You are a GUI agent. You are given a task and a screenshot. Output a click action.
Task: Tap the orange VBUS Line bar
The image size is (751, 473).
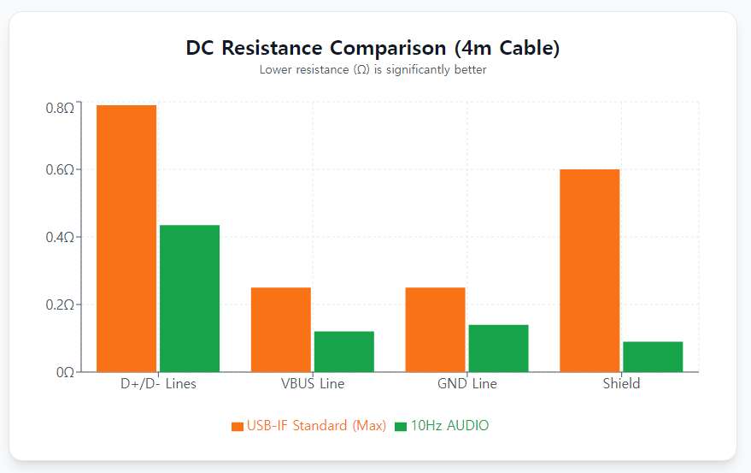coord(281,329)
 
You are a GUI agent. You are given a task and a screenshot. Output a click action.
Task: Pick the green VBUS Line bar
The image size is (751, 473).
coord(344,351)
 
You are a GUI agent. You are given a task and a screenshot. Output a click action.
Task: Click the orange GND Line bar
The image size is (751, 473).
coord(436,329)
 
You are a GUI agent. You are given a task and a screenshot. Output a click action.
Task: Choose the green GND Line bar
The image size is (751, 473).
coord(499,348)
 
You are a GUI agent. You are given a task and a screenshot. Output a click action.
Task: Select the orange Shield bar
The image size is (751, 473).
coord(590,270)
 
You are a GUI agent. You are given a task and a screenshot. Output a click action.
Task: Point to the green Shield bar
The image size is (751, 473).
coord(653,357)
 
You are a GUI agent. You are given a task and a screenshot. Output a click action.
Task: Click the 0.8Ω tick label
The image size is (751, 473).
coord(60,108)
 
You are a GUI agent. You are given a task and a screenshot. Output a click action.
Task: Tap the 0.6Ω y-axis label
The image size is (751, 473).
coord(60,169)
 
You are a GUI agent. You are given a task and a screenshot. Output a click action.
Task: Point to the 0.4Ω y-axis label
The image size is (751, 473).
coord(60,237)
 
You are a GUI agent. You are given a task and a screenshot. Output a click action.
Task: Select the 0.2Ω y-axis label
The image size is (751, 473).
coord(60,304)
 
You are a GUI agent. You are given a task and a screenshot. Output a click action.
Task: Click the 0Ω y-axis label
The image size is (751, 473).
coord(65,372)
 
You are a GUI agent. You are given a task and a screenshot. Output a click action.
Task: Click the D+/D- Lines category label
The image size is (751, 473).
coord(158,384)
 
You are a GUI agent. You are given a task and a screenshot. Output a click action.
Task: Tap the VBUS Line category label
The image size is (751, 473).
coord(313,384)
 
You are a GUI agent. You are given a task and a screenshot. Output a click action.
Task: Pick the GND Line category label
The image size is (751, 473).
coord(467,384)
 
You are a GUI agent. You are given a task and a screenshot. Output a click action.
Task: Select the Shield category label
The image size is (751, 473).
coord(621,384)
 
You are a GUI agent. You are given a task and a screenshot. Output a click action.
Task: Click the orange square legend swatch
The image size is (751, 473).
coord(238,426)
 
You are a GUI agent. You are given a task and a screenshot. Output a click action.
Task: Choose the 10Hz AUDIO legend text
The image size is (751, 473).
coord(449,425)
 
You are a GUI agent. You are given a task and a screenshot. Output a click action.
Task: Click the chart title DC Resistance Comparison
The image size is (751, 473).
coord(373,48)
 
